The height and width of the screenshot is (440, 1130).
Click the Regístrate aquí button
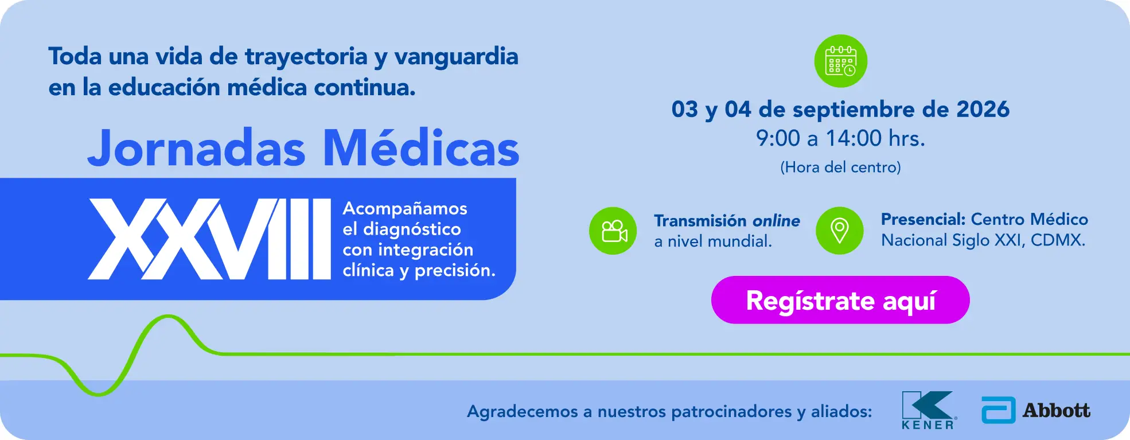pos(840,300)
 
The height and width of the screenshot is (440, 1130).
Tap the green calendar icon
pos(841,61)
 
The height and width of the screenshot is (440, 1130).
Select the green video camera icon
pos(613,231)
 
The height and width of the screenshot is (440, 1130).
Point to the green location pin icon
pos(840,231)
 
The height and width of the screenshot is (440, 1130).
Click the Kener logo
pos(928,410)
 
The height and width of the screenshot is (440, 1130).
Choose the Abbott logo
pos(1036,410)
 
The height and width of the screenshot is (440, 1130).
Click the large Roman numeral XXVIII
pos(209,239)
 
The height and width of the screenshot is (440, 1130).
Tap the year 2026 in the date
pos(983,109)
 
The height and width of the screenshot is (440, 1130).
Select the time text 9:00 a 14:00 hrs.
pos(840,138)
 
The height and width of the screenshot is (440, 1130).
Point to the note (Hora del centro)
pos(840,167)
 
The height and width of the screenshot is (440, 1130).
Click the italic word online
pos(776,221)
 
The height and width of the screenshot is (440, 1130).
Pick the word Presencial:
pos(924,219)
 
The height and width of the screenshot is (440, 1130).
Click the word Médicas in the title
pos(421,148)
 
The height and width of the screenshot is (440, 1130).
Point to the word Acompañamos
pos(405,208)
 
